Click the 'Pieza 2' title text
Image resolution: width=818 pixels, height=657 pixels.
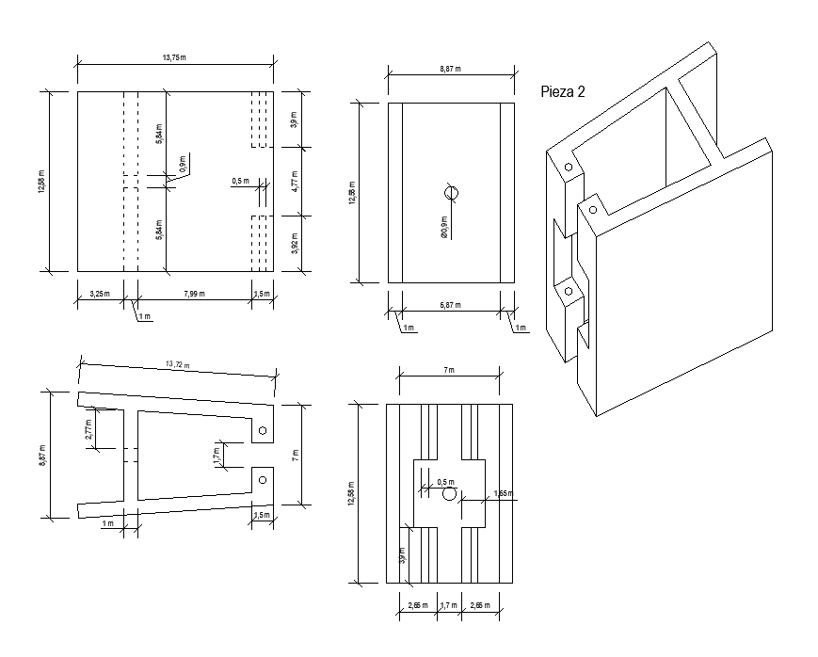point(565,92)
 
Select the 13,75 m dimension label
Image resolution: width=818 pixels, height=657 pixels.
point(174,57)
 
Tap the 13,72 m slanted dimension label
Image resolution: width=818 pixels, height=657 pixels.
point(177,364)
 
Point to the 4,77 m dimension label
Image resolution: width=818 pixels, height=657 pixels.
point(294,182)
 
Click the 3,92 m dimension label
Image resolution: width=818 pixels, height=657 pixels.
point(294,243)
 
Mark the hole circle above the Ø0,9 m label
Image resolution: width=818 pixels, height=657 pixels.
point(451,193)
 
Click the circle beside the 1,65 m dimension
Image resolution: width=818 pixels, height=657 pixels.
point(449,494)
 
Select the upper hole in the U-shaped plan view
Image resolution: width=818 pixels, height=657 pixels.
point(263,431)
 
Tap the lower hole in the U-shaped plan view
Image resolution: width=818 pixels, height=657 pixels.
point(263,480)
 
